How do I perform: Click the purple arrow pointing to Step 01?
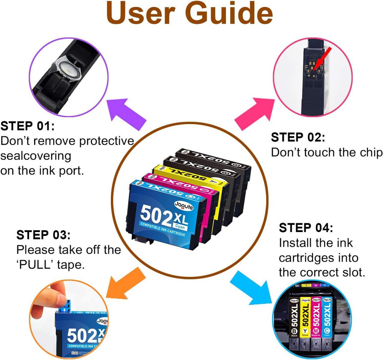tap(126, 113)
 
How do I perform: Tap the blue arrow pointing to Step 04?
tap(251, 287)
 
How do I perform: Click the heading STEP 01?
tap(28, 126)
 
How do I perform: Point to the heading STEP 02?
tap(298, 137)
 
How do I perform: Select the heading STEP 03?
tap(43, 235)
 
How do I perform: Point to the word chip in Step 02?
tap(365, 152)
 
